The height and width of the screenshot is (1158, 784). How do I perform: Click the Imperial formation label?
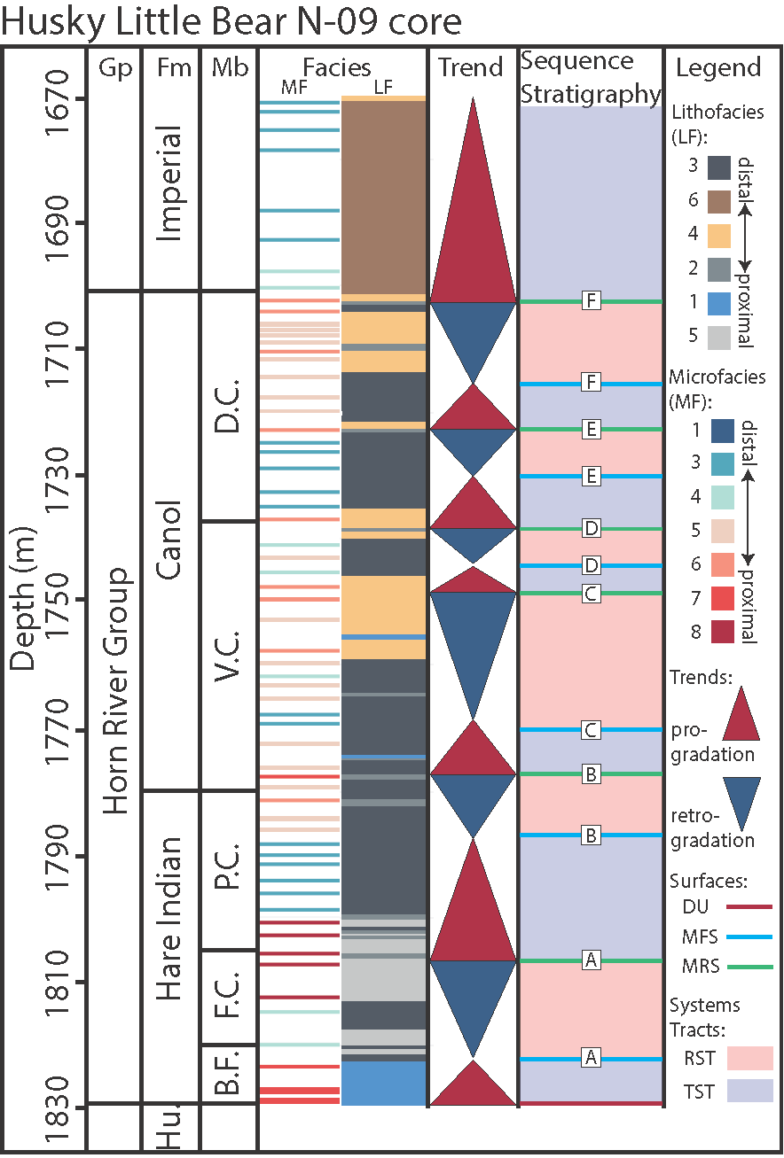coord(171,183)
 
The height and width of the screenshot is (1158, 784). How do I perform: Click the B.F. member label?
coord(229,1074)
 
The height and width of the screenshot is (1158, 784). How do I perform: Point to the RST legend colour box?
coord(749,1058)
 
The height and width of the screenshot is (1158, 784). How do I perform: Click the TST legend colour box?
coord(749,1091)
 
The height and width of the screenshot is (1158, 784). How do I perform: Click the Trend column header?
coord(471,68)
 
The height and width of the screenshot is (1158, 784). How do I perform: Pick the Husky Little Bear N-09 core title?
coord(232,21)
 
